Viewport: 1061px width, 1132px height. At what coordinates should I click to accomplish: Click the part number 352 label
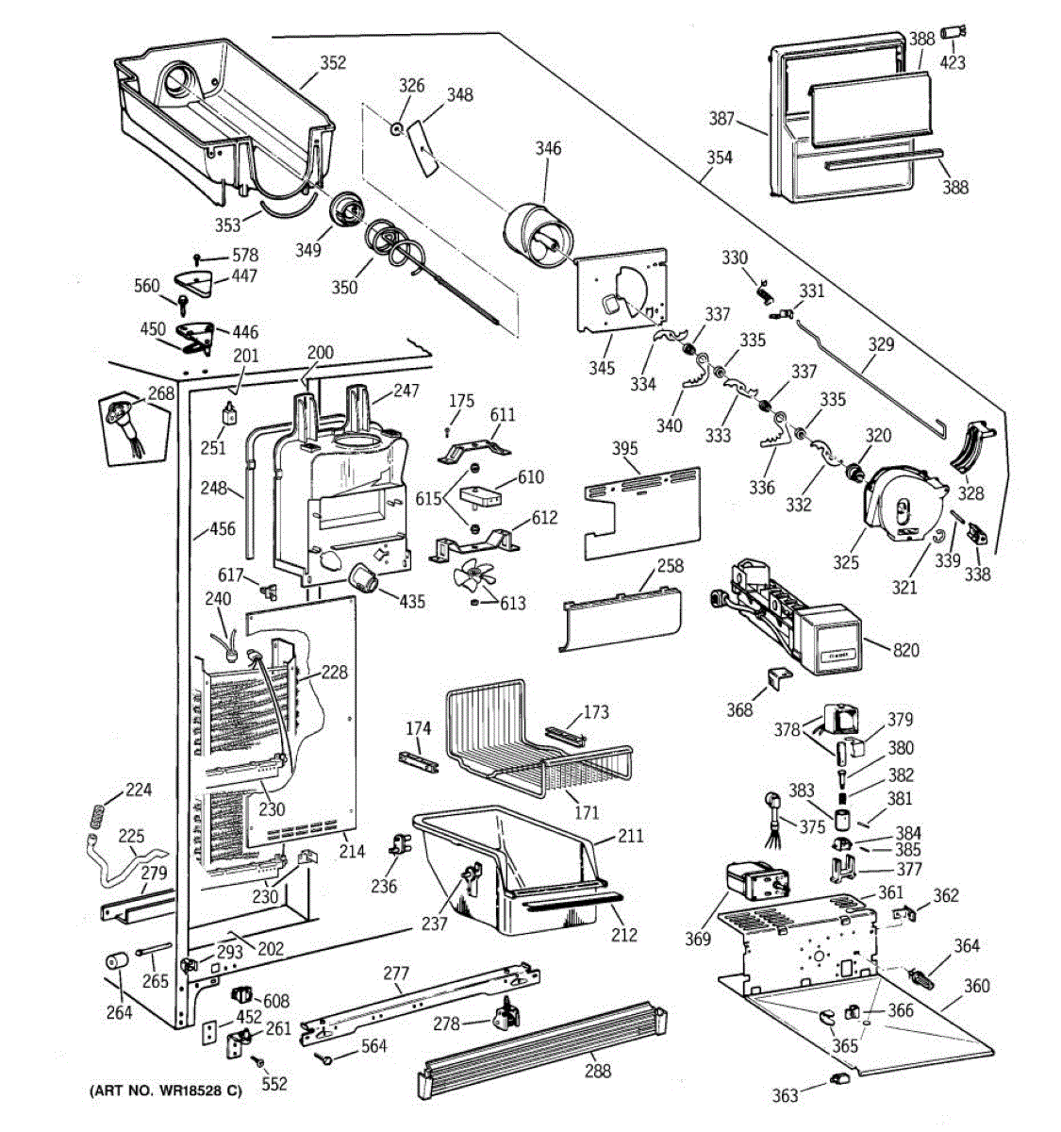pyautogui.click(x=332, y=63)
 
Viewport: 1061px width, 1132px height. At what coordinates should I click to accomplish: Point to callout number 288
pyautogui.click(x=597, y=1071)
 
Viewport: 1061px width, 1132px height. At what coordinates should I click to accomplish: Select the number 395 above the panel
pyautogui.click(x=624, y=448)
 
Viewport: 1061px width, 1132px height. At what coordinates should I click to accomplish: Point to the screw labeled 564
pyautogui.click(x=325, y=1058)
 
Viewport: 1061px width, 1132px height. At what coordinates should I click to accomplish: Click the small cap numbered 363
pyautogui.click(x=837, y=1079)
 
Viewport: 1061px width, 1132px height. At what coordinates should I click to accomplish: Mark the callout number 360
pyautogui.click(x=976, y=986)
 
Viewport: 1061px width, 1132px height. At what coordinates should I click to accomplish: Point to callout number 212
pyautogui.click(x=623, y=935)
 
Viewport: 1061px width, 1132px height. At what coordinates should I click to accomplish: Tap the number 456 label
pyautogui.click(x=222, y=529)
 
